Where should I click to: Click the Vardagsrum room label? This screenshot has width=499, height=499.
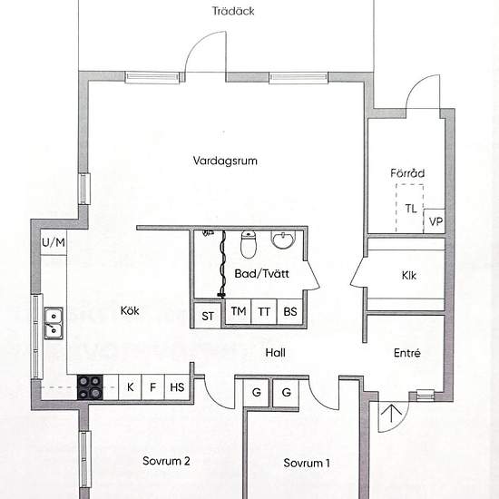225,161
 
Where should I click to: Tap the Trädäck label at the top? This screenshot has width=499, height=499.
233,11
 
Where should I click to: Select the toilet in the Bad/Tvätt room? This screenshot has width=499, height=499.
249,244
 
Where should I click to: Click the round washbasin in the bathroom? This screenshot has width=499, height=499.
283,240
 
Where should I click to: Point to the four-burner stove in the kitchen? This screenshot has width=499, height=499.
90,387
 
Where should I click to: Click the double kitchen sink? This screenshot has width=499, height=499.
54,323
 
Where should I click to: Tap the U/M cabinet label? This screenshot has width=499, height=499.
54,242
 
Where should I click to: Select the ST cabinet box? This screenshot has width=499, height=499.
208,316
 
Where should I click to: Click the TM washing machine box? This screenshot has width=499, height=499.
239,311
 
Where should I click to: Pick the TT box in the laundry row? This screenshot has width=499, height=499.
264,311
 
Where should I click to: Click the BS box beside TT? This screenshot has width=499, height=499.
290,311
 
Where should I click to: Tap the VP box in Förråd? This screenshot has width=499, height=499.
435,221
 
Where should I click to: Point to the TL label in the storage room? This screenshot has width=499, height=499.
411,209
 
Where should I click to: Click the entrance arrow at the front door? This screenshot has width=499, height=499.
391,413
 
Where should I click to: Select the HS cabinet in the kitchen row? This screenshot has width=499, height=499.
177,387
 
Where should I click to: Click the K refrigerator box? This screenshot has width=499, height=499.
130,387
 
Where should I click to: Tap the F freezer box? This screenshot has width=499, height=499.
152,387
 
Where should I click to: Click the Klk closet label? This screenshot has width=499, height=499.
409,275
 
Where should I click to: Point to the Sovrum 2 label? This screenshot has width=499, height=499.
166,461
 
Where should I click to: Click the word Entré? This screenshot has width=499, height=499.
407,353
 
